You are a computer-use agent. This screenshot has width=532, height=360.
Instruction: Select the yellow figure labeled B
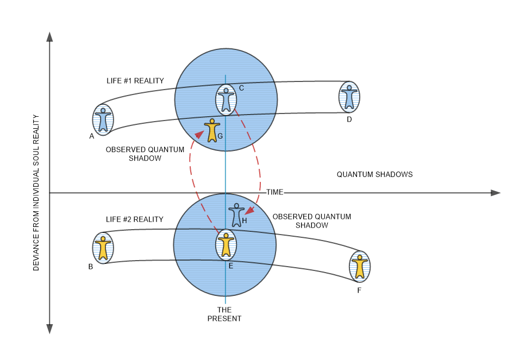pyautogui.click(x=102, y=248)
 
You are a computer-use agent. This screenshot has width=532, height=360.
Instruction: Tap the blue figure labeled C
pyautogui.click(x=226, y=100)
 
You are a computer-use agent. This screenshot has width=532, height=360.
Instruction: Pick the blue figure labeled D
pyautogui.click(x=349, y=97)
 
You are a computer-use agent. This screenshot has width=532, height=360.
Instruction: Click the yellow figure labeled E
pyautogui.click(x=226, y=245)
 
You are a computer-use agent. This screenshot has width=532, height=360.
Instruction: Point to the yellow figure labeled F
pyautogui.click(x=359, y=267)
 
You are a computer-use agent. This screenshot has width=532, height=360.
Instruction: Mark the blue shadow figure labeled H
pyautogui.click(x=237, y=215)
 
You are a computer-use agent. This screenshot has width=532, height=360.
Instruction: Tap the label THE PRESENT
pyautogui.click(x=224, y=314)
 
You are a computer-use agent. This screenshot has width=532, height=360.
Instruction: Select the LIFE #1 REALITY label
pyautogui.click(x=135, y=81)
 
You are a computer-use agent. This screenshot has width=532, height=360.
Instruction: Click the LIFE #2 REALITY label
pyautogui.click(x=135, y=219)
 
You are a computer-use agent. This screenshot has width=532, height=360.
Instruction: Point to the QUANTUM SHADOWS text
pyautogui.click(x=374, y=174)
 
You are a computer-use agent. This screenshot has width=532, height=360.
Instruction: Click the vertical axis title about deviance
pyautogui.click(x=36, y=192)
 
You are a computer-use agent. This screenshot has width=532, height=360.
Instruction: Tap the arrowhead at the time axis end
pyautogui.click(x=495, y=193)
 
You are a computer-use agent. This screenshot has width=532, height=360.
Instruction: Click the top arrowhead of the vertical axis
pyautogui.click(x=49, y=37)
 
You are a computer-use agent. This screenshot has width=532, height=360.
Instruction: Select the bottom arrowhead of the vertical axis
pyautogui.click(x=49, y=329)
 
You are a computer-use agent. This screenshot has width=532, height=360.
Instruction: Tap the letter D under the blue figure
pyautogui.click(x=349, y=119)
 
